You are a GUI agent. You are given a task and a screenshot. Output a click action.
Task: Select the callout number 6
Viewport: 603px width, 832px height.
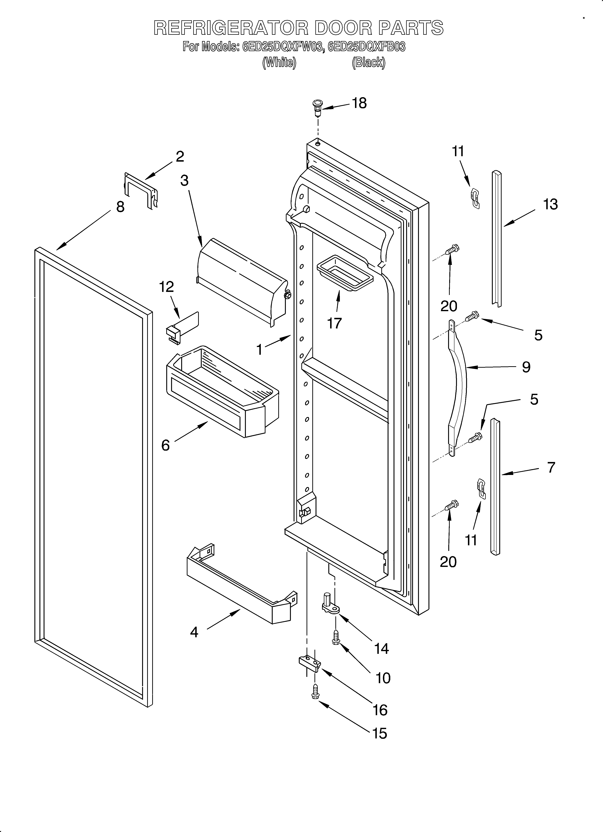(x=166, y=445)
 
